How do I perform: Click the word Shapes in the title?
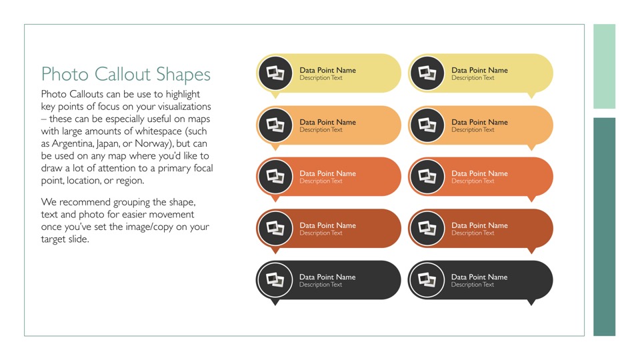point(183,75)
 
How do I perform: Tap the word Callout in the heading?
point(123,74)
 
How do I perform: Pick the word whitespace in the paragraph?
point(159,131)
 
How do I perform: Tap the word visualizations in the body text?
point(184,107)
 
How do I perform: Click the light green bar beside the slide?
point(604,66)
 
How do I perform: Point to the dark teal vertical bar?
point(604,227)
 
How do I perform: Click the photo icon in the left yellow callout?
point(275,73)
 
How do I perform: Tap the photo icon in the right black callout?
point(427,280)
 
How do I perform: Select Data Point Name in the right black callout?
point(479,277)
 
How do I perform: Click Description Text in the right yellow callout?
point(473,78)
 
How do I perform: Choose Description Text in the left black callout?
point(321,285)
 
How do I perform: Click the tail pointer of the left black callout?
point(275,303)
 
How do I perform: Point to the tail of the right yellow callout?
point(531,95)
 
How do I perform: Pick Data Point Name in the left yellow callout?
point(328,70)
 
